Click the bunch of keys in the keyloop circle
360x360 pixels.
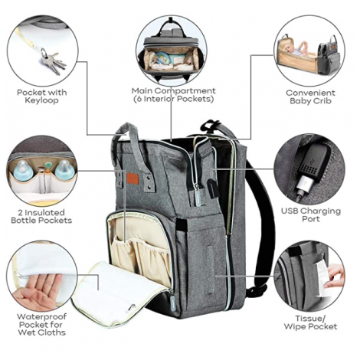54,64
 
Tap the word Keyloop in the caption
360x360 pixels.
41,100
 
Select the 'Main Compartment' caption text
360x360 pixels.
174,90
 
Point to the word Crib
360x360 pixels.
322,101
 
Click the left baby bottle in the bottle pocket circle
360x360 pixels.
23,170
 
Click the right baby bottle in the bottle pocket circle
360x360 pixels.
64,170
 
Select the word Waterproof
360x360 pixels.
41,317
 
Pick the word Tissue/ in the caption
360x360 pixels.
310,319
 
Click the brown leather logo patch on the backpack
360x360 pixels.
134,178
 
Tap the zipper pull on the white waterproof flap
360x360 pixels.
131,308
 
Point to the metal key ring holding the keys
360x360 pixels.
44,52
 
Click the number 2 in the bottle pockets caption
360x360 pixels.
21,212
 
